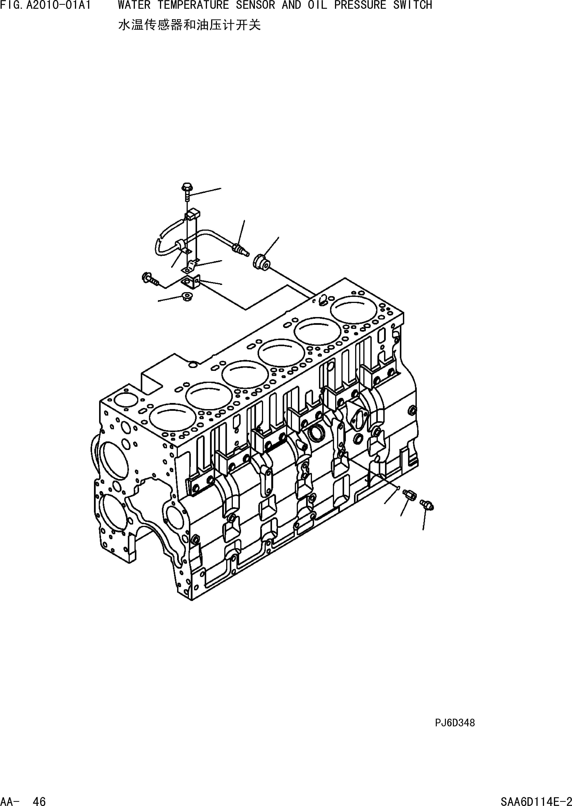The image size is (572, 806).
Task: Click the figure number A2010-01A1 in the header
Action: pyautogui.click(x=58, y=5)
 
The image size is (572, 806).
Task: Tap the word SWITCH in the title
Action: pyautogui.click(x=412, y=5)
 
